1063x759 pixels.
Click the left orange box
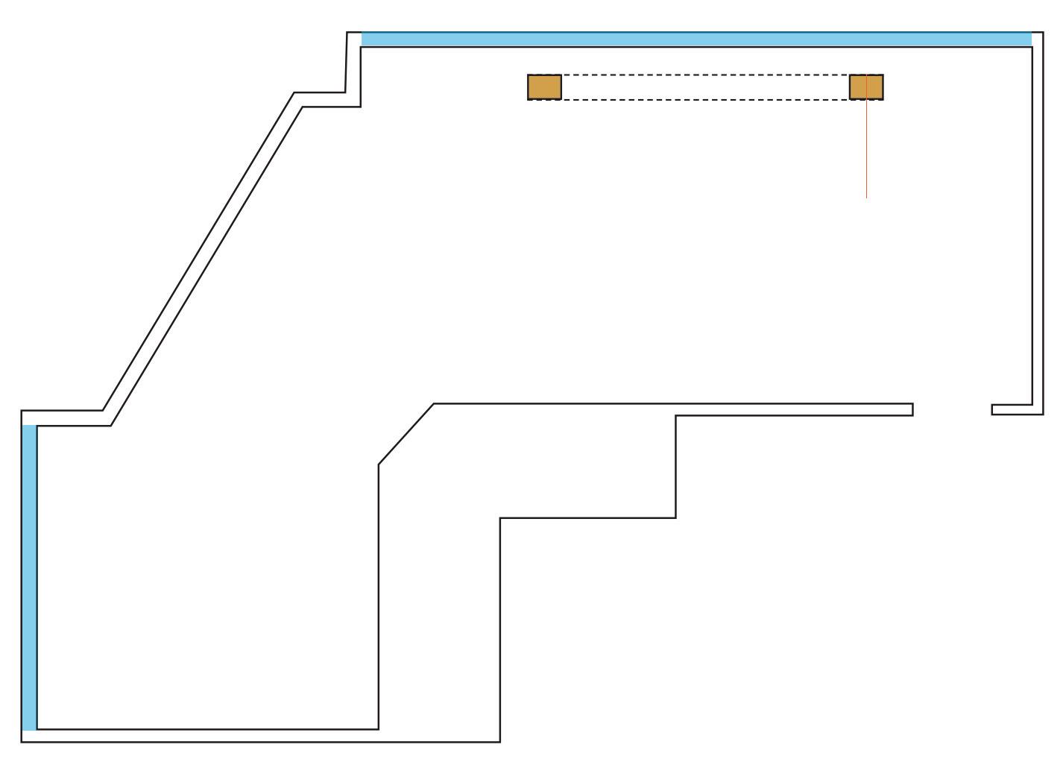544,87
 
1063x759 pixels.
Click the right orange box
866,87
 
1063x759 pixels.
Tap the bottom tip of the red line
866,198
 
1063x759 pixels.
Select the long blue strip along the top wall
696,40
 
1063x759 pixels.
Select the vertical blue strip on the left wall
29,577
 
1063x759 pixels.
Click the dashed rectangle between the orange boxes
705,87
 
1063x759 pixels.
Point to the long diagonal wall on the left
202,258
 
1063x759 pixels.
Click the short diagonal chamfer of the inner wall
406,434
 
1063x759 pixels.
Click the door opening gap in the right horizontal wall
952,409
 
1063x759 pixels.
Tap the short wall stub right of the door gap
1012,409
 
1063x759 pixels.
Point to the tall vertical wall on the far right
1038,224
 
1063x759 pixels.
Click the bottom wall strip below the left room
261,736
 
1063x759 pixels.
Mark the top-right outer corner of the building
1043,33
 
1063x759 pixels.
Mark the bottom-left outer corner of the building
22,742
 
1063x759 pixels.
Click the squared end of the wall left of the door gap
912,409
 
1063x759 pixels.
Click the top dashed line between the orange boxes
705,75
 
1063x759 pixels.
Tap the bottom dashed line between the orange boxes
705,99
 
